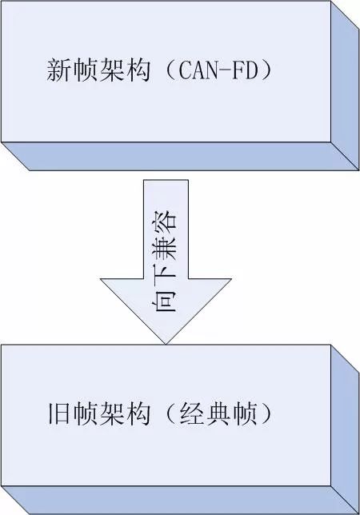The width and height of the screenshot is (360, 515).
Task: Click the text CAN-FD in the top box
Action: pos(218,70)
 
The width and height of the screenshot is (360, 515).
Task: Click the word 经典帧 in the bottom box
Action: pos(218,413)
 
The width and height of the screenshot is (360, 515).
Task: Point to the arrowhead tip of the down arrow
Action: pos(166,344)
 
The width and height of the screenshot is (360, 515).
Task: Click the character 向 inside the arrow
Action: pos(166,300)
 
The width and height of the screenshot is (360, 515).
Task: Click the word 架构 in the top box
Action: pos(125,70)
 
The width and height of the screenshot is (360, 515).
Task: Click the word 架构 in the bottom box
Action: pos(125,413)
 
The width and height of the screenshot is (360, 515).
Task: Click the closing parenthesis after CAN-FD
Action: pos(266,70)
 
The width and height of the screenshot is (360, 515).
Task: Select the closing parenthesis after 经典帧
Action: pos(266,413)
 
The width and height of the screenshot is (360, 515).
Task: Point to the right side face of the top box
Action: pos(345,86)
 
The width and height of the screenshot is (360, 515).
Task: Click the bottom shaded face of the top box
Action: pos(180,157)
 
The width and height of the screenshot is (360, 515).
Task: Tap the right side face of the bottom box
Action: pos(345,429)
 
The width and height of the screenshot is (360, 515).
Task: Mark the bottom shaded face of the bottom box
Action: pos(180,501)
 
